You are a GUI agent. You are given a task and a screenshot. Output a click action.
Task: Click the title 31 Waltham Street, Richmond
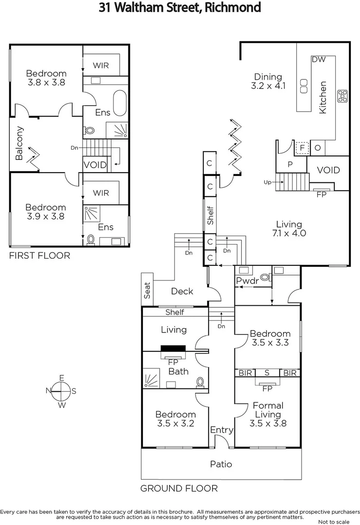click(180, 8)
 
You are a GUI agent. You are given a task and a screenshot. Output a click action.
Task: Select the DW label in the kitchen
click(318, 60)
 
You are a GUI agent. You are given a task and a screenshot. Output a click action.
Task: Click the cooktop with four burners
click(342, 96)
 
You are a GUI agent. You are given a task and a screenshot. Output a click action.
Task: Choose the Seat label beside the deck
click(147, 291)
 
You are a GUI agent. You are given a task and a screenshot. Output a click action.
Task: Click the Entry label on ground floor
click(222, 430)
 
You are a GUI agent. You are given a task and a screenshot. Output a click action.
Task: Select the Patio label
click(221, 464)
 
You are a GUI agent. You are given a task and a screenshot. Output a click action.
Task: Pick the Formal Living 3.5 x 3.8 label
click(268, 414)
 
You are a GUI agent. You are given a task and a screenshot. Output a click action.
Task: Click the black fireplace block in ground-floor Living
click(173, 348)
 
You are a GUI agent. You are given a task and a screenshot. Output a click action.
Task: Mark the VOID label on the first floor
click(95, 165)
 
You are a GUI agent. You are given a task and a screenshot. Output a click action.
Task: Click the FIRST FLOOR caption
click(40, 255)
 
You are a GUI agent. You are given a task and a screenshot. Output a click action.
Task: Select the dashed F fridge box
click(302, 147)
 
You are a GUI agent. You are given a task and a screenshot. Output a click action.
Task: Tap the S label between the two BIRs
click(267, 373)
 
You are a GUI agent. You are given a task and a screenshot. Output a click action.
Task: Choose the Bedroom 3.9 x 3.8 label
click(46, 212)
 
